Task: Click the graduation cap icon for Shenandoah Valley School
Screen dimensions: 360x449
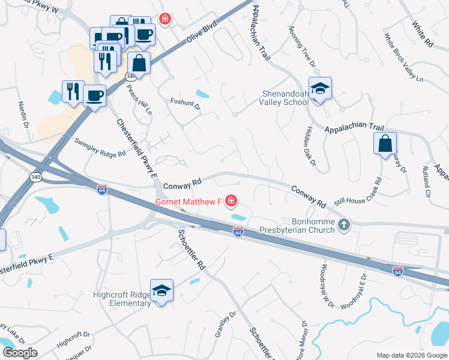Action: click(320, 89)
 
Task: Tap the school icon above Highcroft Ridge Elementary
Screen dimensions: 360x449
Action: click(161, 291)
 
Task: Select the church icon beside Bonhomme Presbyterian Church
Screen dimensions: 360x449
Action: click(344, 225)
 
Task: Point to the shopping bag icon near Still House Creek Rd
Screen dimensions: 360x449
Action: click(385, 144)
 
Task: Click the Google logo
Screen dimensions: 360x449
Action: click(20, 353)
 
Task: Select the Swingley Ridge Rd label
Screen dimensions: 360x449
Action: click(99, 146)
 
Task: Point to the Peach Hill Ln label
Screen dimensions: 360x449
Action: click(137, 100)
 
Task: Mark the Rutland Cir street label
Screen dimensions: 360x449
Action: click(427, 180)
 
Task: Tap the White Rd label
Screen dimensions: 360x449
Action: click(423, 34)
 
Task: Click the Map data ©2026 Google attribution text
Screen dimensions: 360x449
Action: click(411, 355)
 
